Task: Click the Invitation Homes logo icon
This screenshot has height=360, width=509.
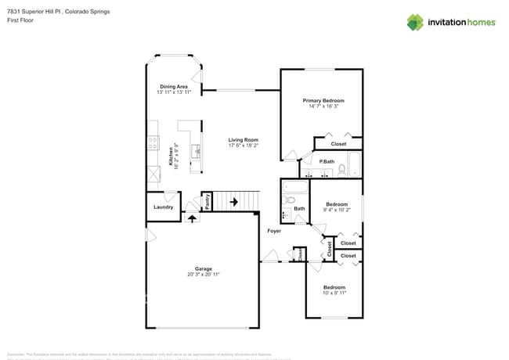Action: click(415, 22)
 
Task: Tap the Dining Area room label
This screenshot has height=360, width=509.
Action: click(174, 87)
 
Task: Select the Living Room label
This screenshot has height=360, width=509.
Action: click(244, 140)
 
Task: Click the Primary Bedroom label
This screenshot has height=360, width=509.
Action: click(323, 101)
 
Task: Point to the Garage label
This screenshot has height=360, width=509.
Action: click(203, 268)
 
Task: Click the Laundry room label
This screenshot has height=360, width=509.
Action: click(163, 207)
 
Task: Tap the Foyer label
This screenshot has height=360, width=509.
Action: click(274, 231)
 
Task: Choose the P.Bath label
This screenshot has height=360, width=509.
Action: click(327, 161)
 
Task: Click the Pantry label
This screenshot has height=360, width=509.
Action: click(208, 202)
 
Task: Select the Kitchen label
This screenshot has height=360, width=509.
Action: click(171, 155)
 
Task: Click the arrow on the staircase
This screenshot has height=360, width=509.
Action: click(233, 202)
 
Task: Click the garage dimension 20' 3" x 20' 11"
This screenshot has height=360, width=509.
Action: click(203, 275)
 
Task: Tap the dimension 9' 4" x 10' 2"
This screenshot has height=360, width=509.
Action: click(337, 210)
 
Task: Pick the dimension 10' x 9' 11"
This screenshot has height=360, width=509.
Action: click(334, 293)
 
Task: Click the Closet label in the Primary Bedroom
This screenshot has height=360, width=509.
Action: click(338, 144)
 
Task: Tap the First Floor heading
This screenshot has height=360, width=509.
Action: click(19, 20)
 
